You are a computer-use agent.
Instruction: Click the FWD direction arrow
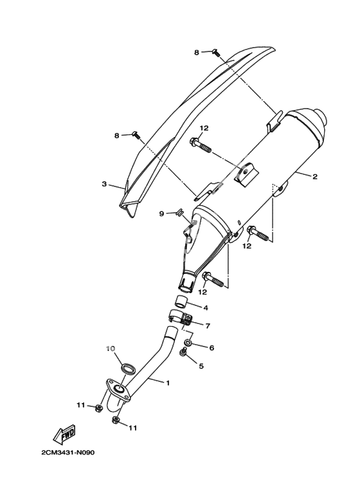coord(64,435)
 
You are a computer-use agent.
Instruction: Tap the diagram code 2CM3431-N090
coord(67,452)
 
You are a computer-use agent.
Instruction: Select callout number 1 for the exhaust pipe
coord(168,383)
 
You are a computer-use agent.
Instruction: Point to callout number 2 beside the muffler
coord(315,177)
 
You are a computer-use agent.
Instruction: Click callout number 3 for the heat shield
coord(104,184)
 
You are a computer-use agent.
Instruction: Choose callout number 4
coord(206,307)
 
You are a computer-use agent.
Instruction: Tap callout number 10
coord(110,348)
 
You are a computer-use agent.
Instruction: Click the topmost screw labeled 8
coord(216,52)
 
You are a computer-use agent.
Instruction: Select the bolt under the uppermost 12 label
coord(201,145)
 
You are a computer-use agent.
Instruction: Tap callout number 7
coord(208,325)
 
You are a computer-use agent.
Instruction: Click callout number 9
coord(161,214)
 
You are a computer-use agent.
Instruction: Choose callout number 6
coord(212,348)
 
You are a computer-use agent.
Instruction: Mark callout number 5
coord(201,366)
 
